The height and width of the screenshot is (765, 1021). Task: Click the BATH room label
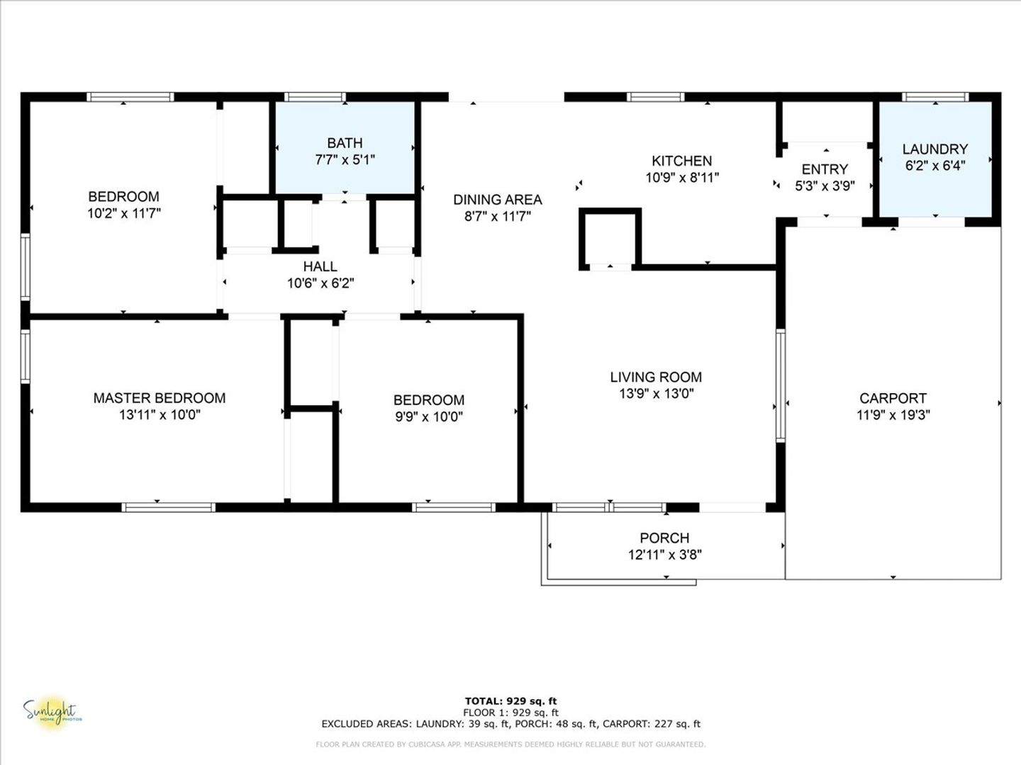click(345, 143)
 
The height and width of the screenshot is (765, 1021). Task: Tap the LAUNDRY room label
click(935, 149)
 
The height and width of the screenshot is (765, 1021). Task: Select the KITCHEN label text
click(682, 161)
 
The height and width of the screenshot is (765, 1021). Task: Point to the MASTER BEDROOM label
click(160, 398)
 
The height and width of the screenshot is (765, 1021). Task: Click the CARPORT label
click(893, 398)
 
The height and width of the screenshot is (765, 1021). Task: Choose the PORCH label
click(664, 538)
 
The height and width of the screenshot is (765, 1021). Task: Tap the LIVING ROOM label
click(656, 377)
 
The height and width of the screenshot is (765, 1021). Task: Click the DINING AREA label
click(498, 200)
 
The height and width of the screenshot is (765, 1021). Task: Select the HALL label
click(320, 266)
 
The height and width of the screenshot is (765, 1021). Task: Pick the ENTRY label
click(825, 169)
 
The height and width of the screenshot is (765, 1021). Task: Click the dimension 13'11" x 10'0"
click(160, 415)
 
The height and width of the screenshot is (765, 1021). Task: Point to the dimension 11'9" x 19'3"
click(893, 415)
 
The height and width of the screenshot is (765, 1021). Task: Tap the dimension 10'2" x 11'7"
click(124, 213)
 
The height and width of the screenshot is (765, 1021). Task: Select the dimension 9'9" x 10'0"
click(429, 416)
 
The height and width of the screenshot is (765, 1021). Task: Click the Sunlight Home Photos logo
click(52, 713)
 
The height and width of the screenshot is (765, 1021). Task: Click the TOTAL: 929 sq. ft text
click(510, 701)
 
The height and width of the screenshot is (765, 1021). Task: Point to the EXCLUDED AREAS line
click(510, 724)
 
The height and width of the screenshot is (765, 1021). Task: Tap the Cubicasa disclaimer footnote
click(510, 744)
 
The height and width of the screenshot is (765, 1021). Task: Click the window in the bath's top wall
click(315, 97)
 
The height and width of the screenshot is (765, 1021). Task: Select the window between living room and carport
click(781, 385)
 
